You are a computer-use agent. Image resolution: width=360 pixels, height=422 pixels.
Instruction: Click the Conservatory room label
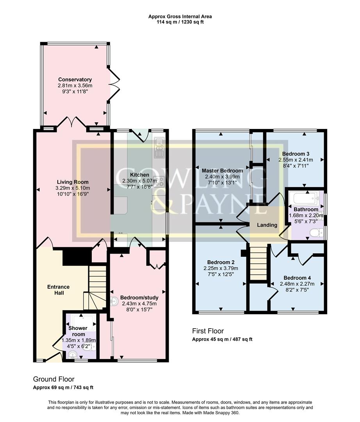pyautogui.click(x=75, y=80)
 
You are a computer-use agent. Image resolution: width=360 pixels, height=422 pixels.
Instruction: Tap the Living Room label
pyautogui.click(x=73, y=182)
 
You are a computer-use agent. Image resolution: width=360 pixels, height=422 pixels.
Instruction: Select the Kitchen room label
pyautogui.click(x=139, y=175)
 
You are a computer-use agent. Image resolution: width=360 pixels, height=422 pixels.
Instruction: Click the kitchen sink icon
pyautogui.click(x=159, y=148)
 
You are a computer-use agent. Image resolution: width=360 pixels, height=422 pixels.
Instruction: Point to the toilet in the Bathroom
pyautogui.click(x=315, y=233)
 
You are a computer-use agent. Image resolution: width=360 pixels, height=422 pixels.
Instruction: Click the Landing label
pyautogui.click(x=267, y=225)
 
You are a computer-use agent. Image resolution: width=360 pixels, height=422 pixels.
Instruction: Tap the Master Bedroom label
pyautogui.click(x=222, y=171)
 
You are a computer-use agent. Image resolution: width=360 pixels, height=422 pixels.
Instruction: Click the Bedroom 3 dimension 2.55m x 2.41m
pyautogui.click(x=295, y=160)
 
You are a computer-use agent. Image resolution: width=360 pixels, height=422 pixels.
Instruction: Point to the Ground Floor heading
pyautogui.click(x=53, y=379)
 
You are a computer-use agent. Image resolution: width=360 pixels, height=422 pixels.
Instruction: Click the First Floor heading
pyautogui.click(x=208, y=331)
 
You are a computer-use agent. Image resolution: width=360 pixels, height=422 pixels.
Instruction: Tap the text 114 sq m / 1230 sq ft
pyautogui.click(x=180, y=22)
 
